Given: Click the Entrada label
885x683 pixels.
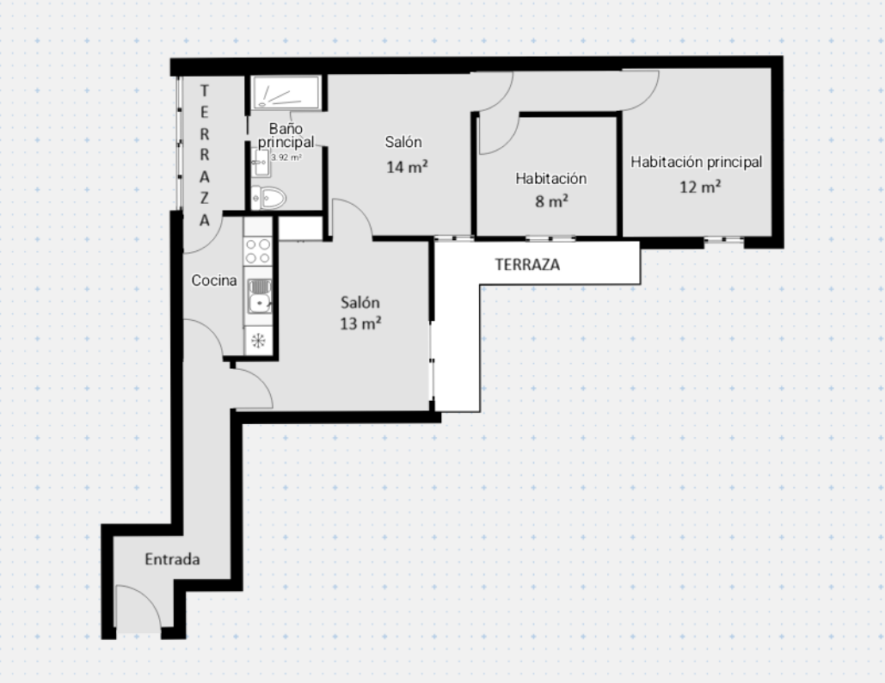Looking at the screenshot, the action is pyautogui.click(x=172, y=559).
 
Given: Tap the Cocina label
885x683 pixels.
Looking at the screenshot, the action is pyautogui.click(x=214, y=280).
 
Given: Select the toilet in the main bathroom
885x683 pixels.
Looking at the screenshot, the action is pyautogui.click(x=268, y=198).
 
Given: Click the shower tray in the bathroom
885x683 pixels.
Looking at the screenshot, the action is pyautogui.click(x=286, y=93).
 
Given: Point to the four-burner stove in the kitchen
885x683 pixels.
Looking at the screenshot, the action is pyautogui.click(x=258, y=251).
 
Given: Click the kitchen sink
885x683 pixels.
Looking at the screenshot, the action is pyautogui.click(x=259, y=295).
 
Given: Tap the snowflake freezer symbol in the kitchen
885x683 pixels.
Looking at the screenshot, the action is pyautogui.click(x=259, y=341).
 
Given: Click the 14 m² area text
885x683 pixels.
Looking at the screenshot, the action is pyautogui.click(x=407, y=167).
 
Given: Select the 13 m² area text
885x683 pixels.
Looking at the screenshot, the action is pyautogui.click(x=360, y=323).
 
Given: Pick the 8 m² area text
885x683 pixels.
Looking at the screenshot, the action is pyautogui.click(x=551, y=201).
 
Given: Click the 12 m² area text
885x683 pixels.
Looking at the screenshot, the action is pyautogui.click(x=700, y=187).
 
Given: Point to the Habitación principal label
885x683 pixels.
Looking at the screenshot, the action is pyautogui.click(x=697, y=162).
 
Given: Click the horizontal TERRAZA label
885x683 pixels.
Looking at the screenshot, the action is pyautogui.click(x=528, y=265).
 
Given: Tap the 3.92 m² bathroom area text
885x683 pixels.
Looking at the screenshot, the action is pyautogui.click(x=286, y=157).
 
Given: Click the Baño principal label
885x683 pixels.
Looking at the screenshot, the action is pyautogui.click(x=286, y=135).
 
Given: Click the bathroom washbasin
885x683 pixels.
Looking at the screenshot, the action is pyautogui.click(x=261, y=163).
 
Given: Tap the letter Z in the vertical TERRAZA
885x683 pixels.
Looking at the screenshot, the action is pyautogui.click(x=205, y=198).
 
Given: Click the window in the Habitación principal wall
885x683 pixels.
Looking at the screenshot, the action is pyautogui.click(x=723, y=240).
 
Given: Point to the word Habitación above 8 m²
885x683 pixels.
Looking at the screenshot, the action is pyautogui.click(x=550, y=178).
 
